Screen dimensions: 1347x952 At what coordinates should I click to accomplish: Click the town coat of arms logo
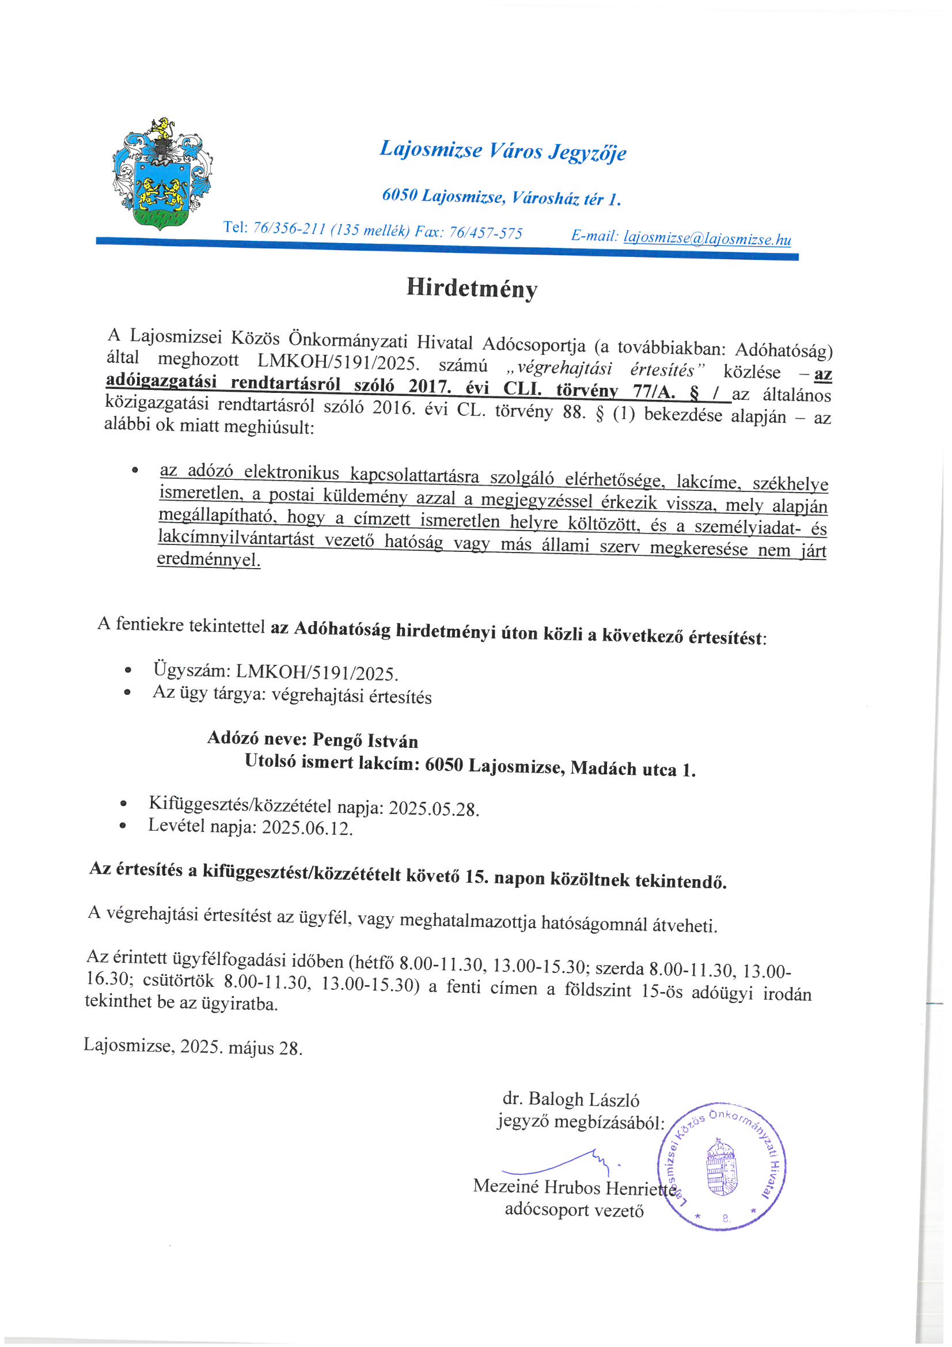coord(161,174)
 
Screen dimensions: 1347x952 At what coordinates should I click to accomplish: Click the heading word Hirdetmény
coord(472,288)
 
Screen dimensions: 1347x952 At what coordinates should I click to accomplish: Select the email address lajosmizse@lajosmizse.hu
coord(707,239)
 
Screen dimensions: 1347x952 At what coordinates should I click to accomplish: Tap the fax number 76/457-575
coord(485,233)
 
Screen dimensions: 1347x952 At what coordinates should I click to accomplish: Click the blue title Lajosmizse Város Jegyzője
coord(503,150)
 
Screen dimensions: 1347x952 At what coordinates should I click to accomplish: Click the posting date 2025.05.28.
coord(434,809)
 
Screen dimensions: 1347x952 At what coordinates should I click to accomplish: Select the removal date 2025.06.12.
coord(307,828)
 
